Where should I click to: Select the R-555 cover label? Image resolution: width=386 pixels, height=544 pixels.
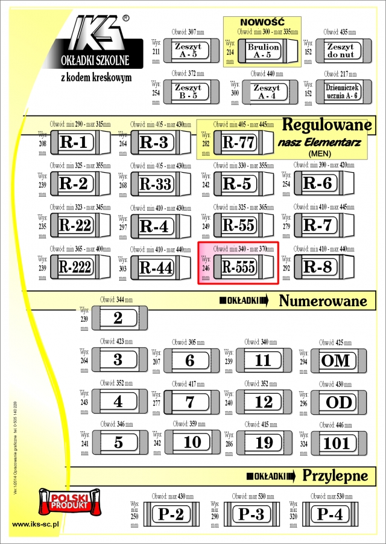238,266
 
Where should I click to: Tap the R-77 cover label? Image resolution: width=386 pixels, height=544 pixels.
239,142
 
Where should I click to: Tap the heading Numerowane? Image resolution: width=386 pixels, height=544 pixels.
323,300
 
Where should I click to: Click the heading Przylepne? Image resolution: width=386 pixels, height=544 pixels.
335,475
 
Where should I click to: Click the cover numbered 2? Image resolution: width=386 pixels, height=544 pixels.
118,318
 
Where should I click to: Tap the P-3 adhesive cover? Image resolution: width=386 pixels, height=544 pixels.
252,514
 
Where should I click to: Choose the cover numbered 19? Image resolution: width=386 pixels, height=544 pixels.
264,442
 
